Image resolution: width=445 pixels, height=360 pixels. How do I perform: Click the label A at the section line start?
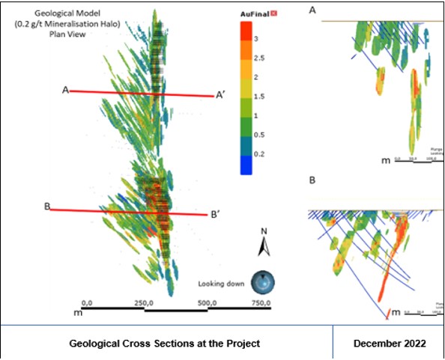click(x=66, y=90)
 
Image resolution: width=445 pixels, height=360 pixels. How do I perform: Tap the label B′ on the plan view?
click(x=214, y=215)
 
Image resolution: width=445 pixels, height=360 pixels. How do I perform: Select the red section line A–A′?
click(x=142, y=94)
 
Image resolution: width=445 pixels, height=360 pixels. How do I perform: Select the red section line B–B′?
click(x=127, y=213)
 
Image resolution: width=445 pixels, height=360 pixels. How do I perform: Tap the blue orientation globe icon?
click(x=262, y=282)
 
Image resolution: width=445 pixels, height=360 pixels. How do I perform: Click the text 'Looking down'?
click(x=222, y=284)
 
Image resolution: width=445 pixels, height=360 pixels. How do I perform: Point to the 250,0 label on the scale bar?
click(x=144, y=302)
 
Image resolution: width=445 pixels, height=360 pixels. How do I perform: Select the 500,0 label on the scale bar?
click(x=208, y=302)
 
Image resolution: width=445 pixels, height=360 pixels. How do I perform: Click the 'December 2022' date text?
click(x=389, y=343)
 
